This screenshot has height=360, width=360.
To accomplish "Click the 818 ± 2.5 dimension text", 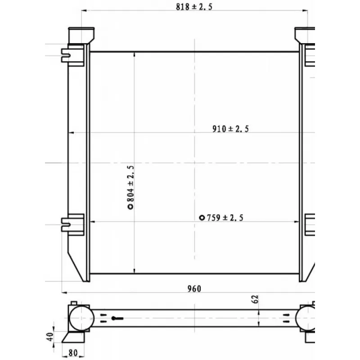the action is [x=194, y=7].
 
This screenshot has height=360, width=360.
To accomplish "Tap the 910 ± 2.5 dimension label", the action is [x=230, y=129].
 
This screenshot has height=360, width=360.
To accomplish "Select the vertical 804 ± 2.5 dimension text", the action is [x=130, y=184].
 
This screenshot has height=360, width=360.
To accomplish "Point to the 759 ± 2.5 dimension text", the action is [x=225, y=218].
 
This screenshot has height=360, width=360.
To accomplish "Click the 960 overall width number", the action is [x=194, y=289].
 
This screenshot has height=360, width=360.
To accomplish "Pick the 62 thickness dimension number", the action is [x=255, y=299].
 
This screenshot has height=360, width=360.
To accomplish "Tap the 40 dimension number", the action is [x=50, y=337].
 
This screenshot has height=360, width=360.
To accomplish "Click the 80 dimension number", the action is [x=73, y=353].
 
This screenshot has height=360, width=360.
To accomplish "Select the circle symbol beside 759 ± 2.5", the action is [x=202, y=218].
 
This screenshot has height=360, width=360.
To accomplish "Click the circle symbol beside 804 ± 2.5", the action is [x=130, y=207].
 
